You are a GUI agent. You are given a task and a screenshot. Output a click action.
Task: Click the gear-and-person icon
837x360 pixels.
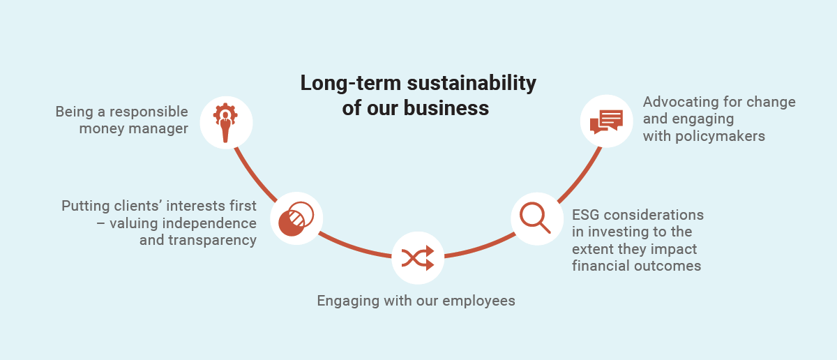[x=225, y=123]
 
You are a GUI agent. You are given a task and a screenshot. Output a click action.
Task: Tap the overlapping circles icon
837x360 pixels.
[x=296, y=218]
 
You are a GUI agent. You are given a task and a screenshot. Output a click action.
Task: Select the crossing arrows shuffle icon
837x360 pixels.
[x=418, y=258]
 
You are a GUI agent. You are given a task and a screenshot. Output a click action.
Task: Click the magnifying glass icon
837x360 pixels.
[x=535, y=218]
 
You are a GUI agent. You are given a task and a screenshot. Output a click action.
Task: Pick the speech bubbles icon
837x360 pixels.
[x=606, y=121]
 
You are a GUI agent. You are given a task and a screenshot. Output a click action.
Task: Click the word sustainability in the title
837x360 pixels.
[x=472, y=83]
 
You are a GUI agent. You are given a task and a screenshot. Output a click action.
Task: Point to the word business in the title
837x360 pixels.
[x=446, y=108]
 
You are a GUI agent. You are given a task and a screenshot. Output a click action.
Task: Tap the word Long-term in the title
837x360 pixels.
[x=351, y=83]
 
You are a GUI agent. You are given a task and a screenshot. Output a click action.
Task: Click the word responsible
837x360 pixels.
[x=149, y=112]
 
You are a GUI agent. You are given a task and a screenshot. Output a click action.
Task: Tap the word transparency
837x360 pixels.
[x=212, y=240]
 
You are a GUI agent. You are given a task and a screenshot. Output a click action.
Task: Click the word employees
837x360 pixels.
[x=478, y=301]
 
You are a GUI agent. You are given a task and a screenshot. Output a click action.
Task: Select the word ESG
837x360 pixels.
[x=585, y=215]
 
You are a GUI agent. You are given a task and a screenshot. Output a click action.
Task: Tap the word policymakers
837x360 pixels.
[x=720, y=136]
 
